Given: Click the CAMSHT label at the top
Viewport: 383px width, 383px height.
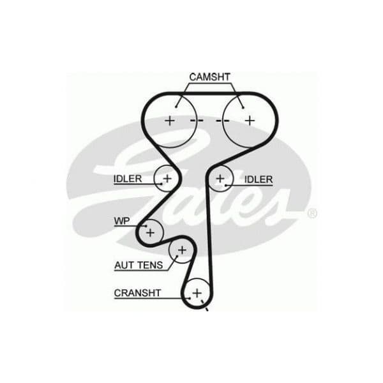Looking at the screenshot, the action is click(x=209, y=77).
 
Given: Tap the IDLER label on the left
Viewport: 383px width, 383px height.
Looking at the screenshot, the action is click(x=128, y=179).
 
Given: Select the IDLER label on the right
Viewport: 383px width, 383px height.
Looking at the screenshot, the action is click(x=259, y=179).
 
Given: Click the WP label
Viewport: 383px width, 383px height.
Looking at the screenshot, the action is click(x=122, y=221).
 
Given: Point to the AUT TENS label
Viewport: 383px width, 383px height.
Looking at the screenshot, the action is click(x=139, y=265).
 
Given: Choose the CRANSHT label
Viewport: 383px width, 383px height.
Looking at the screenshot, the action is click(x=137, y=293).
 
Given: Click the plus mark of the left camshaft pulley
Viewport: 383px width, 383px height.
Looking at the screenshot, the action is click(x=170, y=121).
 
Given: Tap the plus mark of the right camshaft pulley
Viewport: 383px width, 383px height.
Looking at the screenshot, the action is click(x=250, y=121).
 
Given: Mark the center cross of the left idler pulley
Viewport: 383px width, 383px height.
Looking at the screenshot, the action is click(x=167, y=179).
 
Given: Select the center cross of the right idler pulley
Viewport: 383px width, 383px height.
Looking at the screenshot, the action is click(x=220, y=179).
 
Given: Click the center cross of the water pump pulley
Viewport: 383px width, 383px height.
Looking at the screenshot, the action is click(x=151, y=232).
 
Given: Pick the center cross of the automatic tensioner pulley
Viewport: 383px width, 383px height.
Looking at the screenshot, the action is click(x=182, y=250).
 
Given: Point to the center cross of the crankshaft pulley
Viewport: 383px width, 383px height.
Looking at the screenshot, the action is click(x=197, y=293).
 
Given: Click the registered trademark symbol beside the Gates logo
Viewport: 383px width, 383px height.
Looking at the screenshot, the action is click(x=312, y=213).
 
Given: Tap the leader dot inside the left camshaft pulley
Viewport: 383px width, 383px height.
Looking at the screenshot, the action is click(x=176, y=107).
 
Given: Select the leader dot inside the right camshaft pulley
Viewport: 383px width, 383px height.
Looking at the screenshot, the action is click(x=243, y=108).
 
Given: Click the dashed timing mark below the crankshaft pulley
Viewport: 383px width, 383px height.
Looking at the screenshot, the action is click(x=204, y=305).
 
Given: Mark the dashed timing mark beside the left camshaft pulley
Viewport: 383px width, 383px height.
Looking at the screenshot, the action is click(x=197, y=121).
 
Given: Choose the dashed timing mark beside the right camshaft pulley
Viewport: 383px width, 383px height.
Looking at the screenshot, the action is click(x=223, y=121).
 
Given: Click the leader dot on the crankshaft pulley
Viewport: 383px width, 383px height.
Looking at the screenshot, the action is click(x=190, y=298).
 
